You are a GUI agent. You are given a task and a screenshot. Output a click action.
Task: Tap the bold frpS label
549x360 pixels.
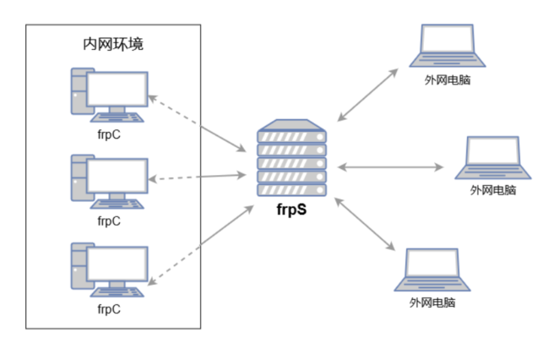(x=291, y=208)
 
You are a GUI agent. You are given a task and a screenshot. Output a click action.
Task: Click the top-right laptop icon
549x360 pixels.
(x=447, y=46)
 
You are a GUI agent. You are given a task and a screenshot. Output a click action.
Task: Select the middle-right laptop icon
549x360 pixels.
(x=493, y=156)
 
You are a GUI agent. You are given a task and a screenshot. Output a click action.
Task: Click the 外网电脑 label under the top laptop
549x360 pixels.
(x=448, y=81)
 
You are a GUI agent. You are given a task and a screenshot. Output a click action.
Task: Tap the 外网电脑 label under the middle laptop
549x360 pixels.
(x=493, y=191)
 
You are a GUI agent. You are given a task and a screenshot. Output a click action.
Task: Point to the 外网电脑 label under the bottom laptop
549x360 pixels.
(x=432, y=303)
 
